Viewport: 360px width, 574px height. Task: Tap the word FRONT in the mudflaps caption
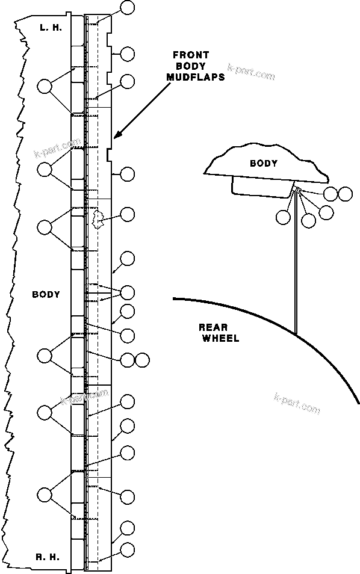point(190,55)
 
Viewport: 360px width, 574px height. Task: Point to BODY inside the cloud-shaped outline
point(264,163)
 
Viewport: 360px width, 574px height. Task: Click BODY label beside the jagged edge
point(46,294)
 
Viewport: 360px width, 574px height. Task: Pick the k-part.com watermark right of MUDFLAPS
point(251,73)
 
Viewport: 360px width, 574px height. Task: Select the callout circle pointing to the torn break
point(128,214)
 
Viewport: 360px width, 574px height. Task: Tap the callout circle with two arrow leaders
point(128,292)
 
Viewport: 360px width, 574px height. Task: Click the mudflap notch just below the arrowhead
point(110,155)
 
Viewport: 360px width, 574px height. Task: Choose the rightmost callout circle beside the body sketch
point(345,194)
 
